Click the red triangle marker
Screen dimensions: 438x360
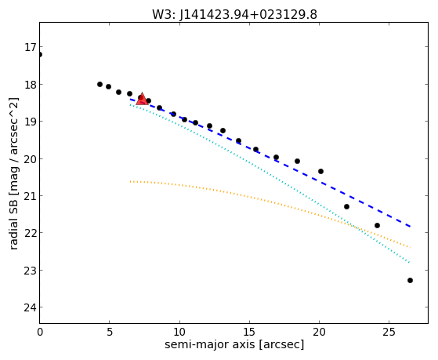coord(142,99)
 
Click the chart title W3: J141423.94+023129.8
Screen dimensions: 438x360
coord(234,14)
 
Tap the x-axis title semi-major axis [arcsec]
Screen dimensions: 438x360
coord(234,344)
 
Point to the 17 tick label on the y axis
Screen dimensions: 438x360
coord(30,47)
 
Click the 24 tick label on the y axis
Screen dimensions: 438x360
coord(30,307)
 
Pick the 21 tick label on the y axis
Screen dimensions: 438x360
coord(30,196)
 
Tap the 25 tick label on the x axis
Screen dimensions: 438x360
coord(389,333)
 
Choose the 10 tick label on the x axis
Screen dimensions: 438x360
coord(179,333)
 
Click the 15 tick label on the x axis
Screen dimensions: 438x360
coord(249,333)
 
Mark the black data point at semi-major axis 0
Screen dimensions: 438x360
coord(40,54)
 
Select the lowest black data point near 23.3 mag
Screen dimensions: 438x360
coord(410,280)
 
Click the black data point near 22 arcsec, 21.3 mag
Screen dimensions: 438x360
coord(346,207)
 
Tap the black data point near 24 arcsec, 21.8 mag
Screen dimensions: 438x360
coord(377,225)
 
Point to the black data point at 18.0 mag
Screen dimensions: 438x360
coord(100,84)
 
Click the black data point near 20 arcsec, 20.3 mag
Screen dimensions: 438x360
coord(320,171)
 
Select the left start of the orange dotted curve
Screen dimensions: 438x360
coord(130,181)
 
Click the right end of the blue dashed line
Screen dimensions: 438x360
coord(410,227)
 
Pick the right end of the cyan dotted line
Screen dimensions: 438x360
coord(410,263)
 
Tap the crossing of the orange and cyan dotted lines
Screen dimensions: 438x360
coord(353,225)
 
